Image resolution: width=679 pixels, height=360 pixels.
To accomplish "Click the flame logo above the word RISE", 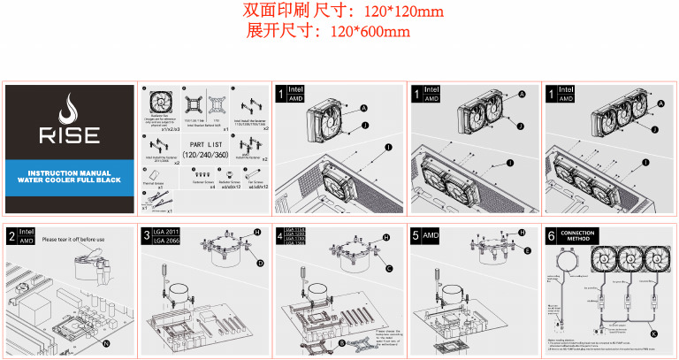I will (69, 111).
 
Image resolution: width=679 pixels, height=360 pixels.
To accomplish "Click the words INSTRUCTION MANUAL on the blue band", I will (69, 172).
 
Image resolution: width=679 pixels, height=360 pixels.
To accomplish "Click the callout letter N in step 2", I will (107, 341).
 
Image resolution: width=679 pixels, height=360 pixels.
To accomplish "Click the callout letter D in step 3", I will (260, 264).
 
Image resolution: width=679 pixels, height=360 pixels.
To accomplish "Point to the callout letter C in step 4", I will (388, 268).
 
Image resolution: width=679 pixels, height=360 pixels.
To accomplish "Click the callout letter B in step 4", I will (342, 341).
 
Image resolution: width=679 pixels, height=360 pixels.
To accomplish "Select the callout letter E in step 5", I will (528, 251).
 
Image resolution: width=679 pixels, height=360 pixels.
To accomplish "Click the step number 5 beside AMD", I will (416, 236).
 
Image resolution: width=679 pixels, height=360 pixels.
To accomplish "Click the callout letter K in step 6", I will (653, 333).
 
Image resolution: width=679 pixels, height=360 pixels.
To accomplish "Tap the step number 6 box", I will (551, 236).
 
